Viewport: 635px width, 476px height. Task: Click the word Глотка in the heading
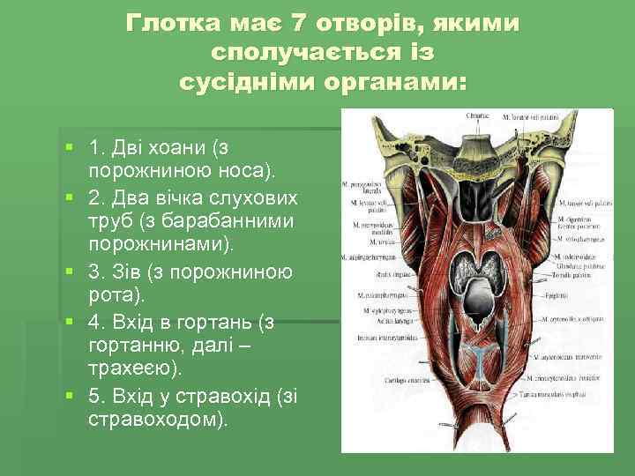[169, 21]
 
